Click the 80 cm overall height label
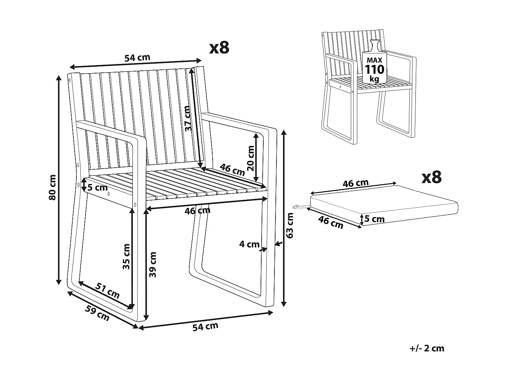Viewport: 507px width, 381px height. click(52, 187)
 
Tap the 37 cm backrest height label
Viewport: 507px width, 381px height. click(188, 118)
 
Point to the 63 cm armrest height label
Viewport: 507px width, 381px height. click(290, 226)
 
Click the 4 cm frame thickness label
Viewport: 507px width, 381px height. click(249, 244)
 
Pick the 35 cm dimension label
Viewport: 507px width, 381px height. click(126, 256)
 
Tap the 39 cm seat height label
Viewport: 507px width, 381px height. click(153, 264)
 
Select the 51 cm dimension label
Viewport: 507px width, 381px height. click(108, 290)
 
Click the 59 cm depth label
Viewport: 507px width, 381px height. click(97, 313)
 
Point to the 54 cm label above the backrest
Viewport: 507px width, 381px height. click(137, 58)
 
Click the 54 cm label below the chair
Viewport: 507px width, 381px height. click(205, 327)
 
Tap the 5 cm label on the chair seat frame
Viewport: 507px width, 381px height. click(98, 187)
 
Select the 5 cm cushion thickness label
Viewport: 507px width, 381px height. click(375, 219)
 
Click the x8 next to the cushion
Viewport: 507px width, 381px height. click(432, 177)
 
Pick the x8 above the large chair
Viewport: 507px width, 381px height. click(219, 48)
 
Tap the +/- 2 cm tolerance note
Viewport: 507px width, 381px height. click(426, 348)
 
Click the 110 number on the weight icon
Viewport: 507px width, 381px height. click(374, 69)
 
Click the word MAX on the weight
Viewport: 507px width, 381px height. click(374, 60)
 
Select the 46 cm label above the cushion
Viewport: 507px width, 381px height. click(356, 183)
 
